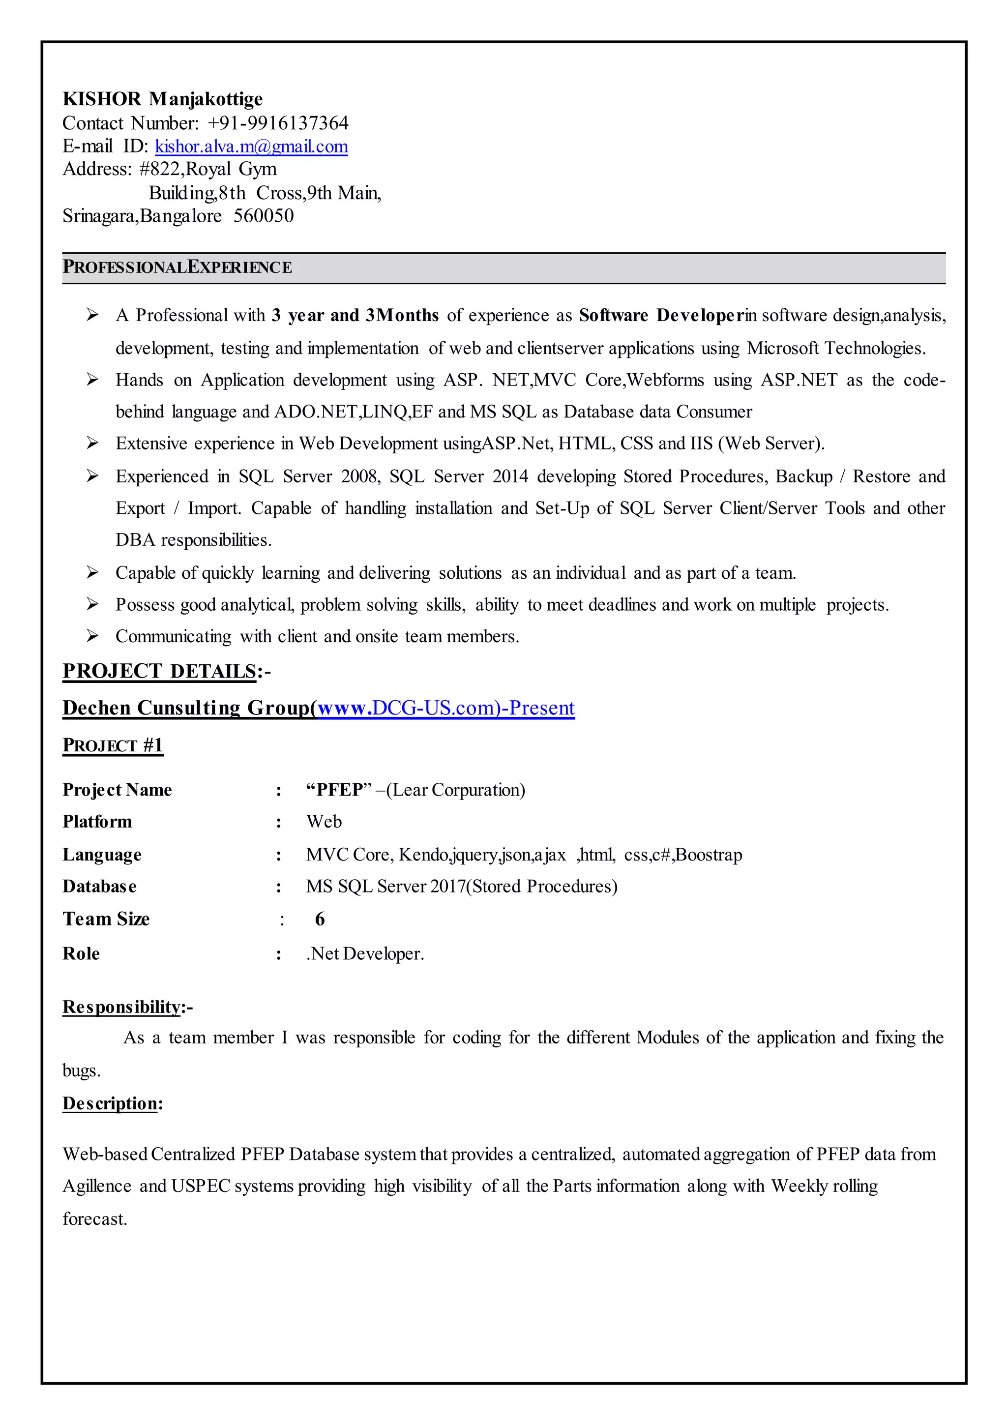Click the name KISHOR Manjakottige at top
(162, 99)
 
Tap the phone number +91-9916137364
(278, 123)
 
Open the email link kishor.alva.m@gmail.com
(251, 147)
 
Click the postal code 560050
(264, 216)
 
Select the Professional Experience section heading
(178, 267)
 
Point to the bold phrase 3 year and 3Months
(355, 315)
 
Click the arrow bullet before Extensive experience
(92, 443)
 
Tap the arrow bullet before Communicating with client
(92, 636)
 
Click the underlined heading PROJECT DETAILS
(159, 671)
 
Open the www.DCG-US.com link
(445, 708)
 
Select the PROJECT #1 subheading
(113, 745)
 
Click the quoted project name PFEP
(339, 790)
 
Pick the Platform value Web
(324, 822)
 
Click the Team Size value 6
(320, 919)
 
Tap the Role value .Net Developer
(365, 953)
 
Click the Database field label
(100, 886)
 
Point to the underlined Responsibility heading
(122, 1007)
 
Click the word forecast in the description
(94, 1219)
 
